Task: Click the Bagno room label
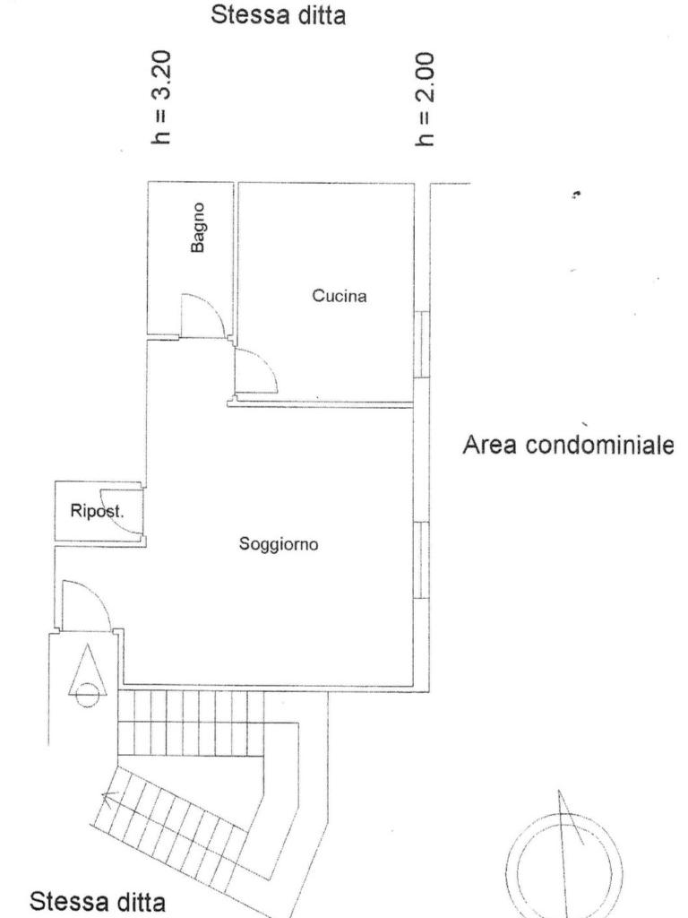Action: coord(199,227)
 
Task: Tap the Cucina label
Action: coord(340,296)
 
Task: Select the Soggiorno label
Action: coord(279,544)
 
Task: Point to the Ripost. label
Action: coord(97,511)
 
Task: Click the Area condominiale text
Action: coord(567,445)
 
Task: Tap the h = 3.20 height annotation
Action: coord(160,97)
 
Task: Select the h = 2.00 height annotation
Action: coord(426,99)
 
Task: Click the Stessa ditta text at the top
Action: coord(278,14)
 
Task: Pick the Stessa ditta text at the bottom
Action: coord(97,901)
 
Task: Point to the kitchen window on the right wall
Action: coord(421,343)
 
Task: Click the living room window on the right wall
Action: coord(421,559)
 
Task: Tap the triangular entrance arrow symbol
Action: coord(88,669)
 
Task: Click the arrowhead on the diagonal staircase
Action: coord(108,796)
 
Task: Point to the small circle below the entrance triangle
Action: coord(88,695)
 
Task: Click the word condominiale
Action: coord(599,445)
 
